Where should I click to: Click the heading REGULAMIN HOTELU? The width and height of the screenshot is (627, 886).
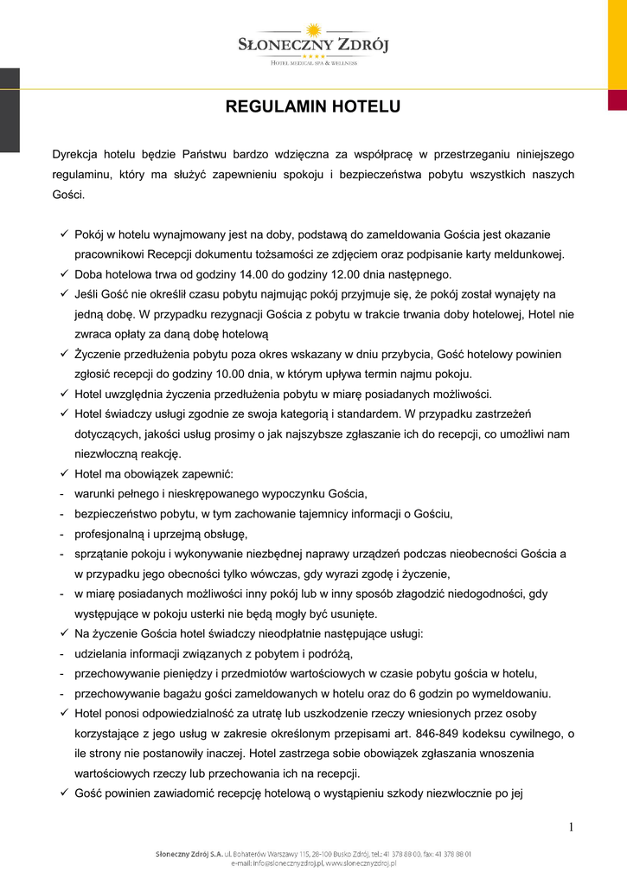(313, 108)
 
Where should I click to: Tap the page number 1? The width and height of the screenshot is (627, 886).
(572, 827)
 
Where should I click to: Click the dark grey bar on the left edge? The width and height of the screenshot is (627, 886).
(9, 110)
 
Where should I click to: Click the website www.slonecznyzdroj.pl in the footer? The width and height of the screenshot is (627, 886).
(361, 863)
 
